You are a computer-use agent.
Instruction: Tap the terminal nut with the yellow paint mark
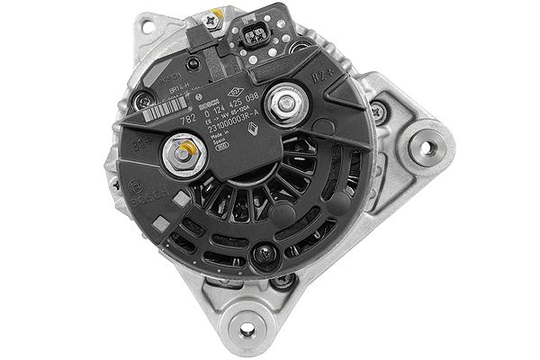[x=185, y=154]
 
